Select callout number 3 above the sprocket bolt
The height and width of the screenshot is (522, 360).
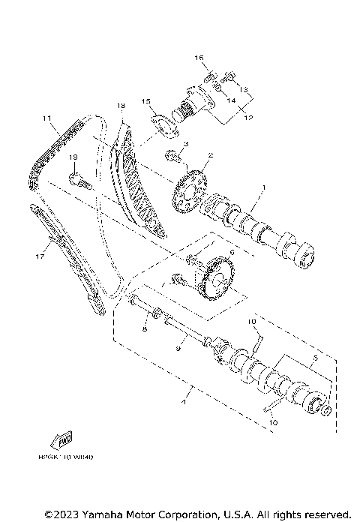(185, 142)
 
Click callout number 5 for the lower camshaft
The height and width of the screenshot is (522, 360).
(316, 359)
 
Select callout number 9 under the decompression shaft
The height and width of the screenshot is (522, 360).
(178, 348)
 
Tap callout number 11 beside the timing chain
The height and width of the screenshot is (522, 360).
(46, 118)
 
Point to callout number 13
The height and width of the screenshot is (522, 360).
(244, 88)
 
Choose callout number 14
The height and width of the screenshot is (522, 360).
(231, 100)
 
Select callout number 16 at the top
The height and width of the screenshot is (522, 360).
(199, 57)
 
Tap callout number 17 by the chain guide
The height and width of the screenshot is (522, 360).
(40, 255)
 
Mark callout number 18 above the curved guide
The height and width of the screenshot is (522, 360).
(120, 106)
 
